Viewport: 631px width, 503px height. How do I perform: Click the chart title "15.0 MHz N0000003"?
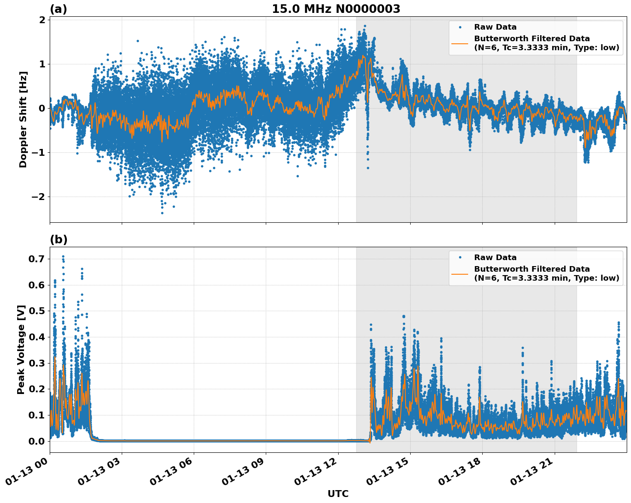[336, 9]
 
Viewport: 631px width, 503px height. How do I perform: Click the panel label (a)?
[58, 9]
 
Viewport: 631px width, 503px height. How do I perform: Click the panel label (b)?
[58, 239]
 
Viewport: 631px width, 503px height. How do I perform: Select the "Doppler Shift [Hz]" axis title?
[23, 119]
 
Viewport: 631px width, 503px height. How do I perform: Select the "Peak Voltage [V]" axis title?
[21, 349]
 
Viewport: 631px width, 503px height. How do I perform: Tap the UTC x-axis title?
[338, 494]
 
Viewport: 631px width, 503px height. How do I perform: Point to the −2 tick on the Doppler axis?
[39, 197]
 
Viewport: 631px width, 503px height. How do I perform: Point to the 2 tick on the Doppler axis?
[42, 20]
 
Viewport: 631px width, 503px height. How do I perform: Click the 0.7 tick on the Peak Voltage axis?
[36, 259]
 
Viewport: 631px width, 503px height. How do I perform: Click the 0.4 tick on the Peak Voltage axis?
[36, 337]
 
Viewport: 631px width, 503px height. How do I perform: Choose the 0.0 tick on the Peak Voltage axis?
[36, 441]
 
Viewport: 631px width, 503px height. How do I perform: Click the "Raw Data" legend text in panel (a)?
[495, 27]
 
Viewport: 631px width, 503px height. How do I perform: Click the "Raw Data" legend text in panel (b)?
[495, 258]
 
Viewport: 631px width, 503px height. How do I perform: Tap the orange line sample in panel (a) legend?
[460, 43]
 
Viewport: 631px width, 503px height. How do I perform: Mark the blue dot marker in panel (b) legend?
[460, 258]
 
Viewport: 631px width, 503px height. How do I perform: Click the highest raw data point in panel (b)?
[63, 256]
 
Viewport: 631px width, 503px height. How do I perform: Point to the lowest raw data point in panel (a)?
[162, 213]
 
